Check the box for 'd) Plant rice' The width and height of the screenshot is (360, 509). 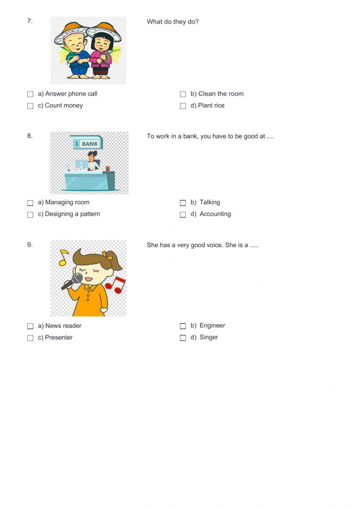(x=183, y=106)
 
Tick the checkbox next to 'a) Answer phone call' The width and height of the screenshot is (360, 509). (x=30, y=94)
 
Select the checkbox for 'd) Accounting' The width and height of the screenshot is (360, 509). (x=183, y=215)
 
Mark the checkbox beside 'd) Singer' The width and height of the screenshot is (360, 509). (x=183, y=338)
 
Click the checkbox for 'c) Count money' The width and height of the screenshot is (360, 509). (x=30, y=106)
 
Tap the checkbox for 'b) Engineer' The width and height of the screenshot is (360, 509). (x=183, y=326)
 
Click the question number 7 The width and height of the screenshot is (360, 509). (x=30, y=21)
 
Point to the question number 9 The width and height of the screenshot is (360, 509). (x=30, y=245)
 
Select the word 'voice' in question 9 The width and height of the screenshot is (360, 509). (x=214, y=245)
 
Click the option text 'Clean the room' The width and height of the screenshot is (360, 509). (x=221, y=94)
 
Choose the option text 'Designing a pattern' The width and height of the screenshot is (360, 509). (x=72, y=214)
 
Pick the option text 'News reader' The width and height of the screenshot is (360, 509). (x=63, y=326)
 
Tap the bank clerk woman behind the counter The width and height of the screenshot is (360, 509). (x=93, y=161)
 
